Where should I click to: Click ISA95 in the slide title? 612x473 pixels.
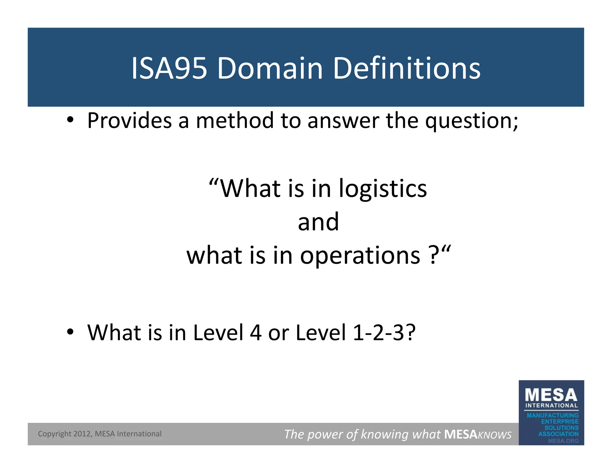[x=169, y=68]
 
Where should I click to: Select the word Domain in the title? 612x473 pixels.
[x=270, y=68]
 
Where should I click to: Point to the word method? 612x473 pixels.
[x=235, y=120]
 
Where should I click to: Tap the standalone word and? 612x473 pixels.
[x=318, y=222]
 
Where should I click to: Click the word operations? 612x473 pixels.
[x=360, y=256]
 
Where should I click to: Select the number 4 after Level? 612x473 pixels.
[x=255, y=332]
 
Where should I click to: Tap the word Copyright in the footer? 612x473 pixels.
[x=55, y=434]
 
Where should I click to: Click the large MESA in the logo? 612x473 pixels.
[x=551, y=395]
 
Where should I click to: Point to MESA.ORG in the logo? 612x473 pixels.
[x=563, y=441]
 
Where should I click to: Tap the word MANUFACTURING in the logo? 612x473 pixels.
[x=553, y=415]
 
